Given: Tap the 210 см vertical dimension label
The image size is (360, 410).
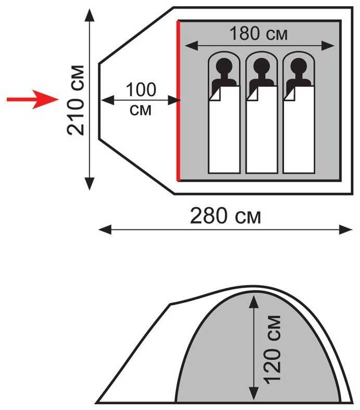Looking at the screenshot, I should pos(76,99).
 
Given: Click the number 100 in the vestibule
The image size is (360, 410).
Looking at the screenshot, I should pos(140,89).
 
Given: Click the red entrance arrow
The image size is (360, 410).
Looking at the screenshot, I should pos(31,99).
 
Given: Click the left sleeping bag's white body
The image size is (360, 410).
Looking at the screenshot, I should pos(224,135).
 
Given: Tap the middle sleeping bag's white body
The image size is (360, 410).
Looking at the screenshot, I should pos(262,135).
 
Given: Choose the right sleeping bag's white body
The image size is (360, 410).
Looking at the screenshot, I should pos(299,135).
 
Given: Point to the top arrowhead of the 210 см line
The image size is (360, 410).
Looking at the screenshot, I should pos(90,15).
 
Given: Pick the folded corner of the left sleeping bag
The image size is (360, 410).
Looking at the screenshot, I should pos(215,94).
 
